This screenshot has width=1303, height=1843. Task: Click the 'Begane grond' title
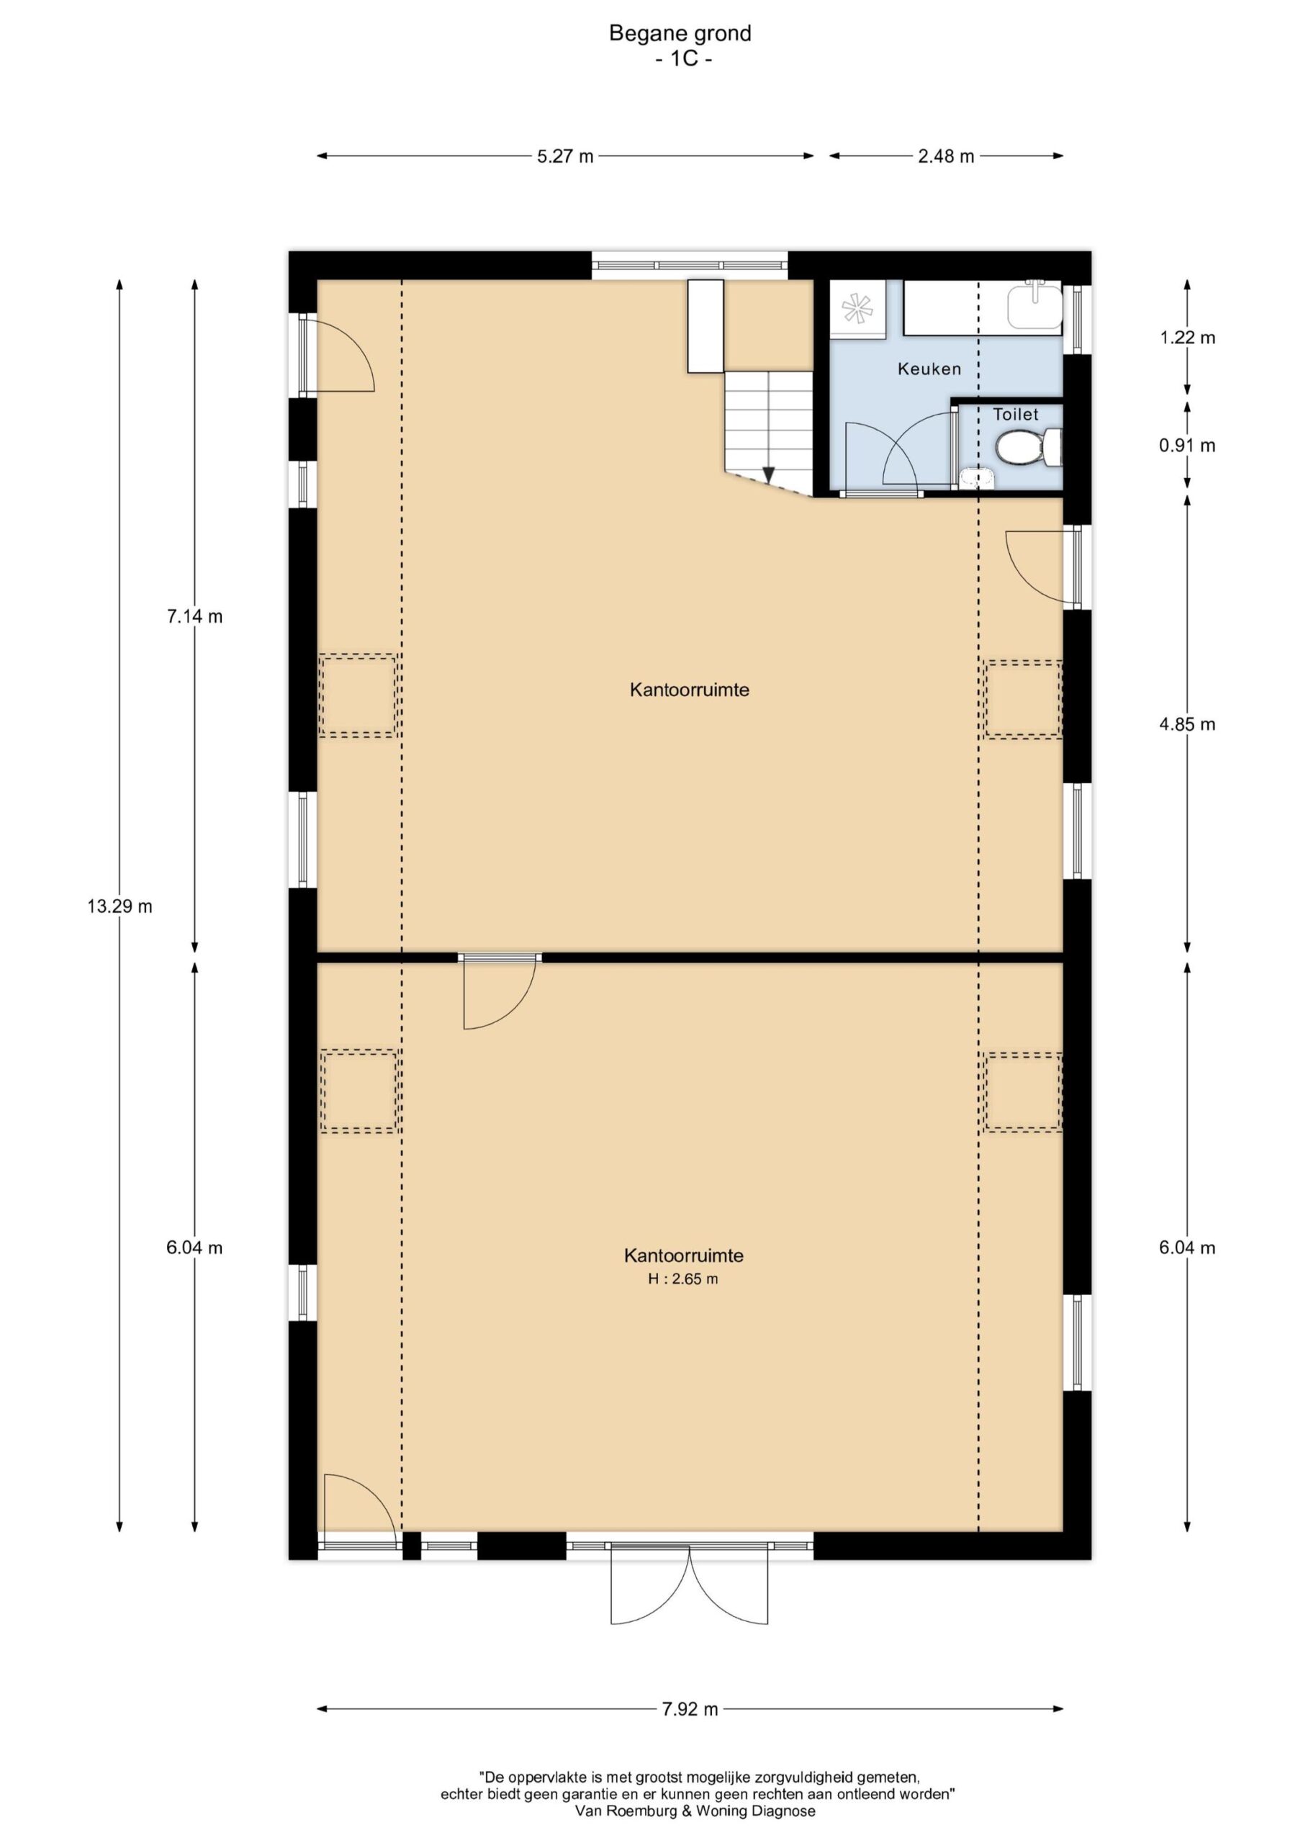pyautogui.click(x=680, y=33)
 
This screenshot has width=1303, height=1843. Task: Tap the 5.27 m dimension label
pyautogui.click(x=565, y=156)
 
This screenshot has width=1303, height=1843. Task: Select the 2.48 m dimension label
pyautogui.click(x=946, y=156)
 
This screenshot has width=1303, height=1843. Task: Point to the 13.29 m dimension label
pyautogui.click(x=120, y=906)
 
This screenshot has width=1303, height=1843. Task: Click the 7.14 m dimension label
pyautogui.click(x=194, y=616)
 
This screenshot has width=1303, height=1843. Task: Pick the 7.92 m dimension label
pyautogui.click(x=690, y=1709)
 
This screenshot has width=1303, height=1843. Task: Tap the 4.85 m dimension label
pyautogui.click(x=1186, y=724)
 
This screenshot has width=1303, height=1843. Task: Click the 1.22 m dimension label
pyautogui.click(x=1186, y=338)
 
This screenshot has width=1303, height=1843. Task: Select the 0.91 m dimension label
pyautogui.click(x=1186, y=445)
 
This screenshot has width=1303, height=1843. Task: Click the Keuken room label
pyautogui.click(x=929, y=369)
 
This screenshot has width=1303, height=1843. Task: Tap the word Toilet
pyautogui.click(x=1016, y=414)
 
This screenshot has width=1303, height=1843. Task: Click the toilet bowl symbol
pyautogui.click(x=1029, y=446)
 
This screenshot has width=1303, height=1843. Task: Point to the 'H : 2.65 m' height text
pyautogui.click(x=683, y=1279)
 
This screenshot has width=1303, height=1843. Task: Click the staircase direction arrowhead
pyautogui.click(x=768, y=474)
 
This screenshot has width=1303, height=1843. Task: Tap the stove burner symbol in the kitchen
pyautogui.click(x=857, y=308)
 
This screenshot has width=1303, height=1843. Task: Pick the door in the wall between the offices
pyautogui.click(x=500, y=992)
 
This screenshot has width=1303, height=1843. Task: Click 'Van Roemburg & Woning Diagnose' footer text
pyautogui.click(x=695, y=1811)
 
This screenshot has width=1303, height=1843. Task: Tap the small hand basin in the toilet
pyautogui.click(x=976, y=477)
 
